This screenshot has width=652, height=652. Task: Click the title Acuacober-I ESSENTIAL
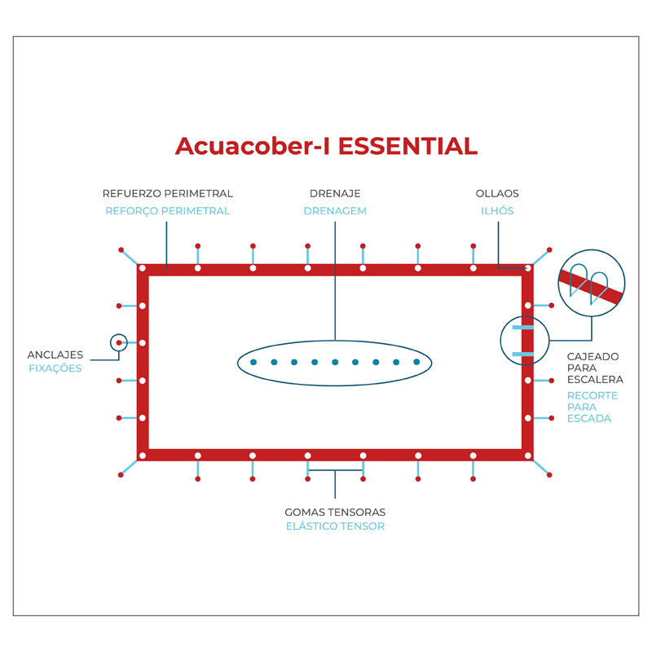click(326, 146)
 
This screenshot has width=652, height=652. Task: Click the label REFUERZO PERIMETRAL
click(168, 194)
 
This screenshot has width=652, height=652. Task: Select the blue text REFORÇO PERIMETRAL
click(168, 211)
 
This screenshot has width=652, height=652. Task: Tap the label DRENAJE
click(335, 194)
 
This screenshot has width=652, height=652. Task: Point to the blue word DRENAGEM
click(335, 211)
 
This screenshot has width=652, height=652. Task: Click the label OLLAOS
click(497, 194)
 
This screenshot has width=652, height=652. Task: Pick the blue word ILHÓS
click(497, 211)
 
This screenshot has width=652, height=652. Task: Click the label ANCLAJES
click(55, 355)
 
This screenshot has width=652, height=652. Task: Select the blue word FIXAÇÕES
click(55, 368)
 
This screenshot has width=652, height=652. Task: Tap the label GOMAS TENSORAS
click(335, 513)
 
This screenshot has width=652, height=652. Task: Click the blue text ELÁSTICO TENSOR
click(335, 526)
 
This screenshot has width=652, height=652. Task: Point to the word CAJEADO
click(593, 357)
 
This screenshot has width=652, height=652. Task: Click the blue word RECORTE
click(593, 396)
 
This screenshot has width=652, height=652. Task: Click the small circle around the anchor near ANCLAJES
click(119, 343)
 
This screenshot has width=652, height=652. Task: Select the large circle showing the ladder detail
click(592, 282)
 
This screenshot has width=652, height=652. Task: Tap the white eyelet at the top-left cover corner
click(143, 268)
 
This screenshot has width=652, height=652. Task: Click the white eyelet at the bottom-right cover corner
click(528, 456)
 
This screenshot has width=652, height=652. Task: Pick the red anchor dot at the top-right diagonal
click(549, 249)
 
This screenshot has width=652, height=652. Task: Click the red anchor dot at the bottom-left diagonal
click(121, 474)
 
